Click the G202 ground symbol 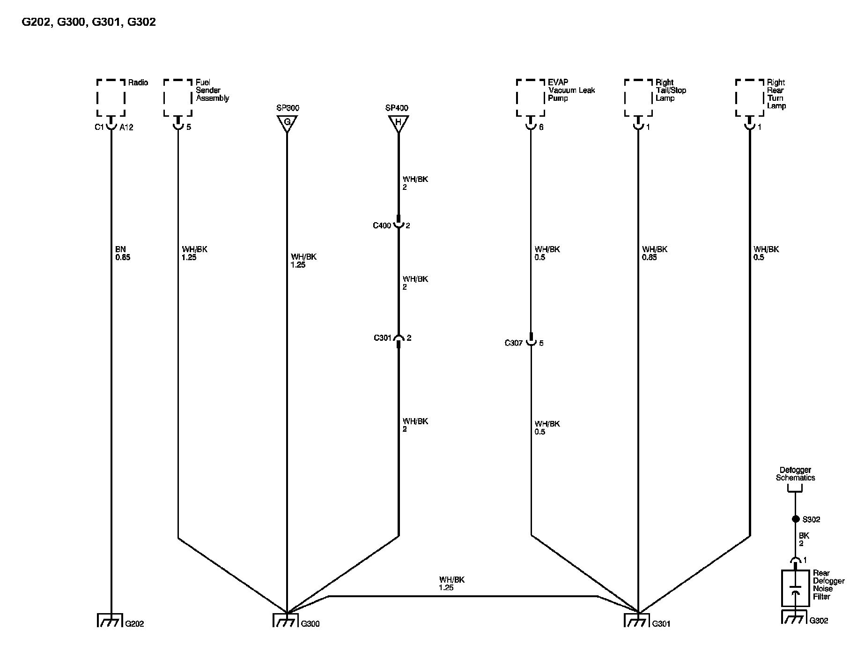point(110,620)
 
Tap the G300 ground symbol point(286,620)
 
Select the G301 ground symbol point(637,620)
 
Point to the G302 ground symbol point(794,617)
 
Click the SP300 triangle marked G point(287,123)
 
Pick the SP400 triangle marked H point(398,123)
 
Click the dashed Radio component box point(111,97)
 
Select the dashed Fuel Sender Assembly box point(178,97)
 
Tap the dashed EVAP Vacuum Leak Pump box point(531,97)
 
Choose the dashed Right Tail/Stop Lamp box point(638,97)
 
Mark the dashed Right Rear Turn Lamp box point(749,97)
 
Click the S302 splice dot point(795,519)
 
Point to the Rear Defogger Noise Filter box point(795,588)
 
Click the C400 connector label point(382,226)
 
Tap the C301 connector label point(383,338)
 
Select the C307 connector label point(513,343)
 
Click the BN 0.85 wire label point(122,254)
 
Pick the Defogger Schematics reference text point(795,474)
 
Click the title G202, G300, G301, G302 point(89,22)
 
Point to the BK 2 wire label point(804,540)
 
